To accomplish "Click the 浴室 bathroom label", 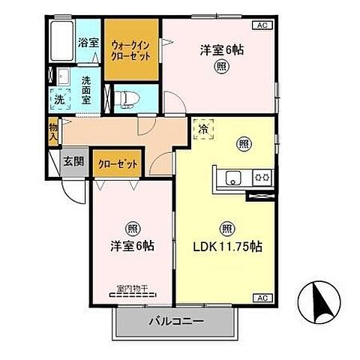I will (x=88, y=42).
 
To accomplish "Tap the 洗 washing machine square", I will (x=59, y=97).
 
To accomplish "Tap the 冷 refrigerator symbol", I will (x=203, y=129).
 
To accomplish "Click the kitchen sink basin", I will (x=233, y=178).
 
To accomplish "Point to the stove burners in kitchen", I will (x=262, y=178).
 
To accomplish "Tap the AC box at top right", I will (x=261, y=25).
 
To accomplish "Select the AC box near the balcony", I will (x=261, y=298).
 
